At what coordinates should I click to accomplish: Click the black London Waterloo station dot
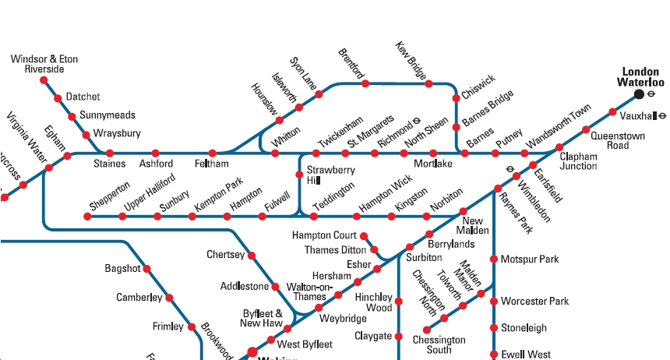(x=640, y=94)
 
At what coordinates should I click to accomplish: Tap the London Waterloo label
(x=640, y=76)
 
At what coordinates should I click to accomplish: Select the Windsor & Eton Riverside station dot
(x=44, y=80)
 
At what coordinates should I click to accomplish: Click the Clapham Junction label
(x=578, y=161)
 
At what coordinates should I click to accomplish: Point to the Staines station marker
(x=110, y=153)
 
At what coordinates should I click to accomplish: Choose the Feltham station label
(x=212, y=164)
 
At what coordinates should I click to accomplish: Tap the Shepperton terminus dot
(x=87, y=216)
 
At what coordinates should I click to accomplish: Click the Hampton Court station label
(x=324, y=235)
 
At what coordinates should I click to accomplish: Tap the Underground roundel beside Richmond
(x=417, y=121)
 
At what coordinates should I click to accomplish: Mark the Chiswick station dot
(x=456, y=98)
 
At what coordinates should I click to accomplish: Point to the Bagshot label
(x=122, y=269)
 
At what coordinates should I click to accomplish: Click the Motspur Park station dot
(x=494, y=259)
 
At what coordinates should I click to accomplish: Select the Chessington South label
(x=439, y=345)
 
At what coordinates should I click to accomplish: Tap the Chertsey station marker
(x=252, y=255)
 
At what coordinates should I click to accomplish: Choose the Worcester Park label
(x=534, y=302)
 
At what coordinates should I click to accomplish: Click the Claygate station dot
(x=399, y=337)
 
